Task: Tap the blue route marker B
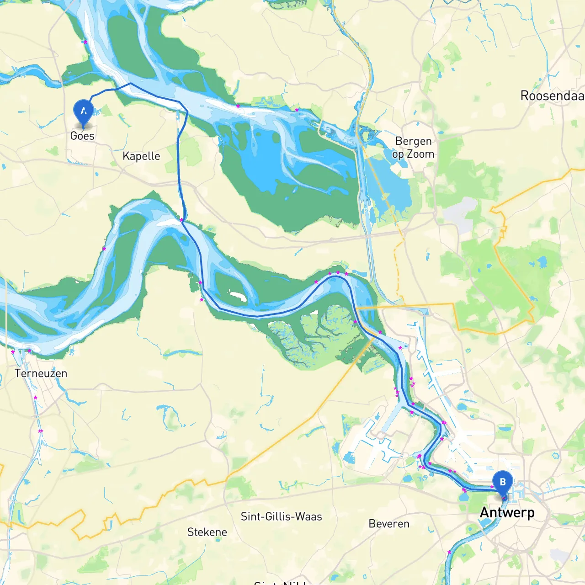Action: [502, 483]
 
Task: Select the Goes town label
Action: [82, 136]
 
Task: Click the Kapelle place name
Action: [141, 156]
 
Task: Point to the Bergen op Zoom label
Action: [413, 148]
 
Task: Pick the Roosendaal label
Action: [552, 96]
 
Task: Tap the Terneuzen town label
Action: [41, 373]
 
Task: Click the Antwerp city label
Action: [507, 513]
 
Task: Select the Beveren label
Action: [389, 524]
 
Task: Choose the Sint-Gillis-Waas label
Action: [281, 516]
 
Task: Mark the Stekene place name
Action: [207, 532]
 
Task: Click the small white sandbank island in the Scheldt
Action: [238, 297]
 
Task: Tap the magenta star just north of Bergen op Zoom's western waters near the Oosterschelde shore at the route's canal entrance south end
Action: [181, 220]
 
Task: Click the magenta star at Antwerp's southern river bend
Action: [449, 552]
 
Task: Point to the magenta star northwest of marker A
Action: [85, 42]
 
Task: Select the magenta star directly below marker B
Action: [504, 498]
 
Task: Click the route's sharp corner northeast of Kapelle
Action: [187, 111]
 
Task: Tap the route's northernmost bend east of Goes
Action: [130, 84]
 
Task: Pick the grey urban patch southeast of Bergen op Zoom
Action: [459, 215]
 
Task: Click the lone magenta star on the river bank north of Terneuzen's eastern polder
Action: [104, 249]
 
